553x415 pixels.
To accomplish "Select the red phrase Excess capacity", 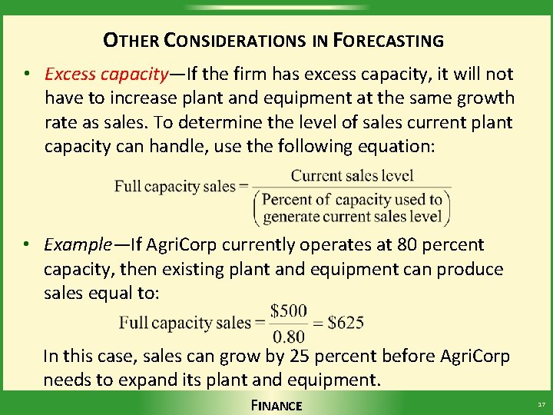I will tap(106, 75).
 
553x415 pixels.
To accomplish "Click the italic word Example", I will tap(78, 245).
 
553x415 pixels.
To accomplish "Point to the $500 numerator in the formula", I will tap(290, 311).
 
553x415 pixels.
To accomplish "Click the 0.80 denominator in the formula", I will tap(290, 335).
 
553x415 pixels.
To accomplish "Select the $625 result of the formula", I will tap(346, 323).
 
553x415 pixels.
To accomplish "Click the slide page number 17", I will tap(541, 404).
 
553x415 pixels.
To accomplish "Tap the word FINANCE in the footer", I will tap(276, 405).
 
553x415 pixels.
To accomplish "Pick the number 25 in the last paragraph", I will tap(296, 356).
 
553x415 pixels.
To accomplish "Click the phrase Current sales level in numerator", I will tap(352, 176).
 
